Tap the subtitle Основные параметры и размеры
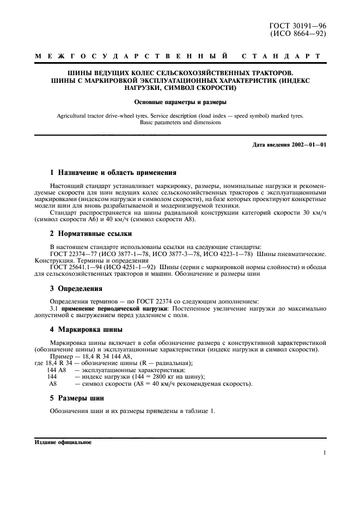click(180, 102)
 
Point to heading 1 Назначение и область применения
click(113, 173)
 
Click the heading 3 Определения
click(76, 288)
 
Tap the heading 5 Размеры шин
click(76, 398)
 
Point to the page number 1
click(324, 452)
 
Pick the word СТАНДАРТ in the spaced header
click(280, 56)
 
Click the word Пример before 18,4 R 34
click(62, 356)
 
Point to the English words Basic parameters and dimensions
click(180, 123)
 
